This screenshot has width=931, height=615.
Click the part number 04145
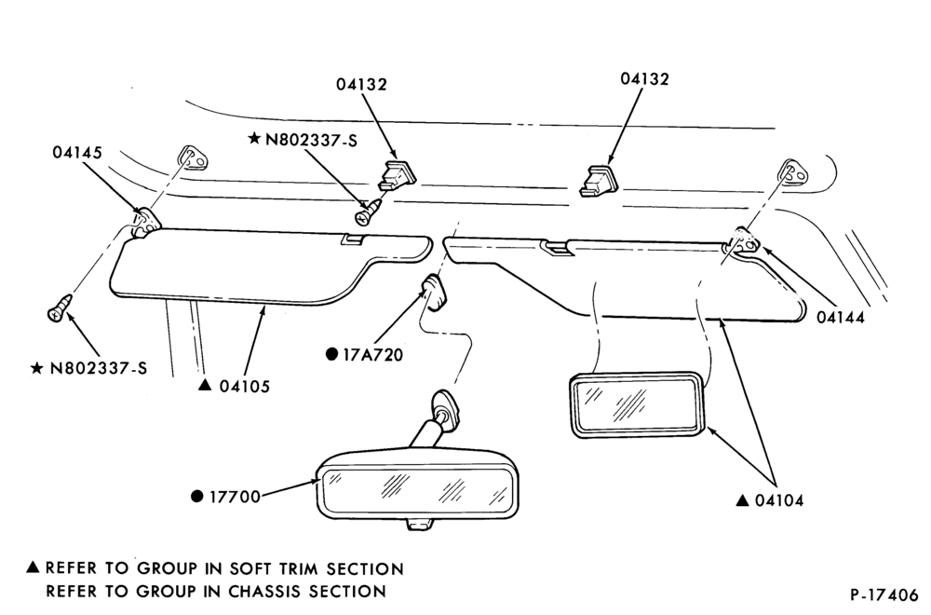coord(77,153)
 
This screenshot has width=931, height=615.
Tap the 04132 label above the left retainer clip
coord(361,85)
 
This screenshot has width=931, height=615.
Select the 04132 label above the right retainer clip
coord(645,79)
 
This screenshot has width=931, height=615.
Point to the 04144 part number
coord(840,318)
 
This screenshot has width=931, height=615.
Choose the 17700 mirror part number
coord(236,497)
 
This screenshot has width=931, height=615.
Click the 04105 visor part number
coord(245,387)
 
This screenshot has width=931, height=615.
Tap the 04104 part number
coord(779,501)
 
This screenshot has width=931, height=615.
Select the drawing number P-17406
coord(884,594)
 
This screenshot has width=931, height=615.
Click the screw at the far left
coord(60,307)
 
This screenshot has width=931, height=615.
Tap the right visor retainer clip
coord(599,181)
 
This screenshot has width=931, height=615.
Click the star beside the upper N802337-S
coord(255,139)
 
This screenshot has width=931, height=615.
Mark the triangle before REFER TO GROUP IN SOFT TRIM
coord(34,567)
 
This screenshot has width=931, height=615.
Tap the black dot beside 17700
coord(197,496)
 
